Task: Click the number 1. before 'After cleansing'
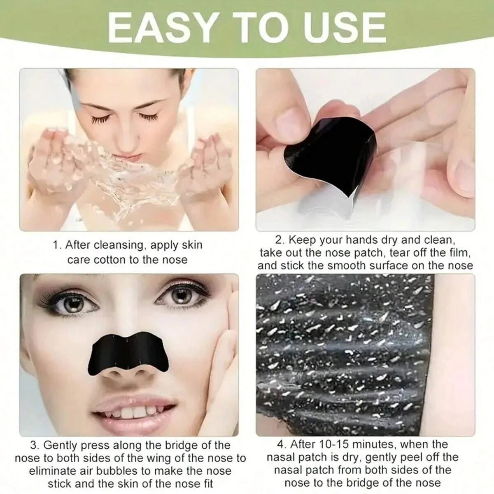pyautogui.click(x=58, y=245)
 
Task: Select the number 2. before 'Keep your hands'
pyautogui.click(x=280, y=240)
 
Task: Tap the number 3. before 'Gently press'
pyautogui.click(x=35, y=445)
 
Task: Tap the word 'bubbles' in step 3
pyautogui.click(x=119, y=471)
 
